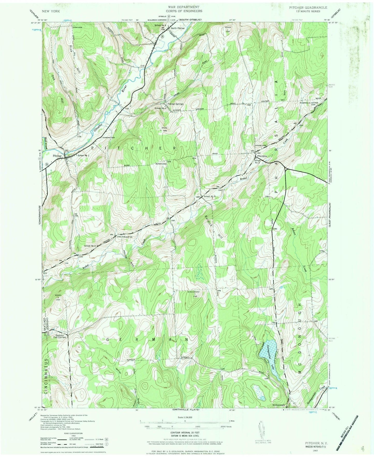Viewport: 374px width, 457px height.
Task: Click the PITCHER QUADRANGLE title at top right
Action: coord(308,8)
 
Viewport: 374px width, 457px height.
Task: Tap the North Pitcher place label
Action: coord(178,28)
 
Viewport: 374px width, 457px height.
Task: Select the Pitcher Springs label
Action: coord(175,104)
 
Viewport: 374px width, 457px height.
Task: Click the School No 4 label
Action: coord(210,196)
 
